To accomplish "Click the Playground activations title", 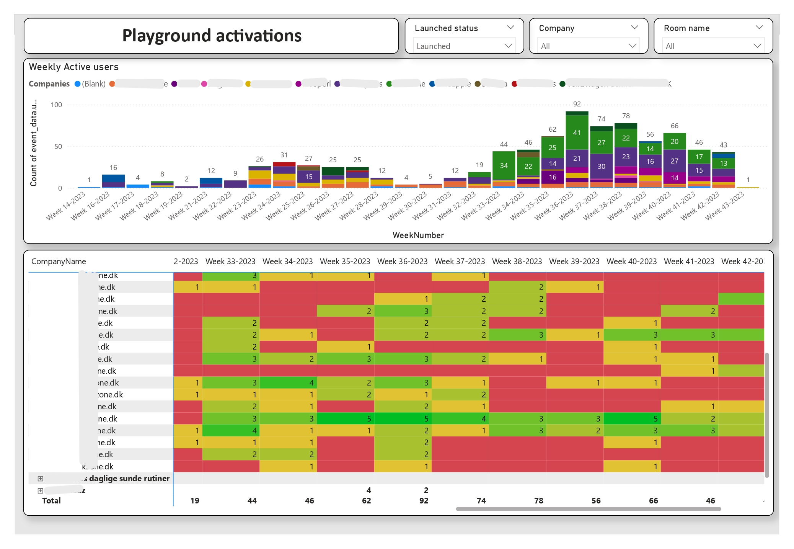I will point(212,36).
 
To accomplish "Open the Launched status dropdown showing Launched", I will point(464,46).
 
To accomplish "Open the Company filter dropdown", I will point(588,46).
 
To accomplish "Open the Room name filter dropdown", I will point(713,46).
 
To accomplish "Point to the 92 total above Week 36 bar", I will point(577,104).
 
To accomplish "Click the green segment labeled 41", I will point(577,133).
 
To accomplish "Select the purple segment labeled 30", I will point(601,166).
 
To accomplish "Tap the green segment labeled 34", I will point(504,166).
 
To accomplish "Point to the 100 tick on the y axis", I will point(56,105).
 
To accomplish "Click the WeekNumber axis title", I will point(418,235).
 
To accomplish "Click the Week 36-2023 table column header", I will point(402,261).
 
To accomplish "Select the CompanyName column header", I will point(59,261).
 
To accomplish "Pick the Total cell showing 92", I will point(424,500).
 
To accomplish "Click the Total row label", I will point(51,500).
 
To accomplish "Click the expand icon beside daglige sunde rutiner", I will point(41,479).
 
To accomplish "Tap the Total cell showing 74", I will point(481,500).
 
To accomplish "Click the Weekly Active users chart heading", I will point(74,67).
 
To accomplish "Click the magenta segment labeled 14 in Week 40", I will point(674,178).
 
